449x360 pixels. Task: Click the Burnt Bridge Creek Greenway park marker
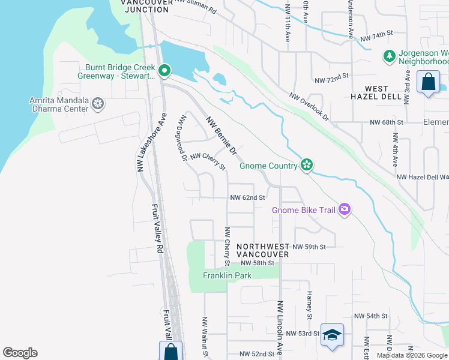tap(163, 71)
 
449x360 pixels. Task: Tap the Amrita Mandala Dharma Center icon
tap(97, 105)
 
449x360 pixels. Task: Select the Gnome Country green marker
tap(307, 165)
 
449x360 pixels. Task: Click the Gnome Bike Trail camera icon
tap(345, 209)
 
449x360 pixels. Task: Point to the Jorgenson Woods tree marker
tap(389, 56)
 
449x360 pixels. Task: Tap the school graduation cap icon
tap(332, 335)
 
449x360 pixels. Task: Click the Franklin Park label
tap(227, 275)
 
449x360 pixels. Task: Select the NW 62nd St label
tap(248, 197)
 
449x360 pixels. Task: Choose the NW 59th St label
tap(309, 247)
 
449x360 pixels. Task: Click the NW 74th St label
tap(376, 38)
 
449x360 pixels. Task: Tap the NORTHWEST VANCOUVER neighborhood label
tap(262, 250)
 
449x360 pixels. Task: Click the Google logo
tap(20, 353)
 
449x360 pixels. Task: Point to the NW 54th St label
tap(371, 316)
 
